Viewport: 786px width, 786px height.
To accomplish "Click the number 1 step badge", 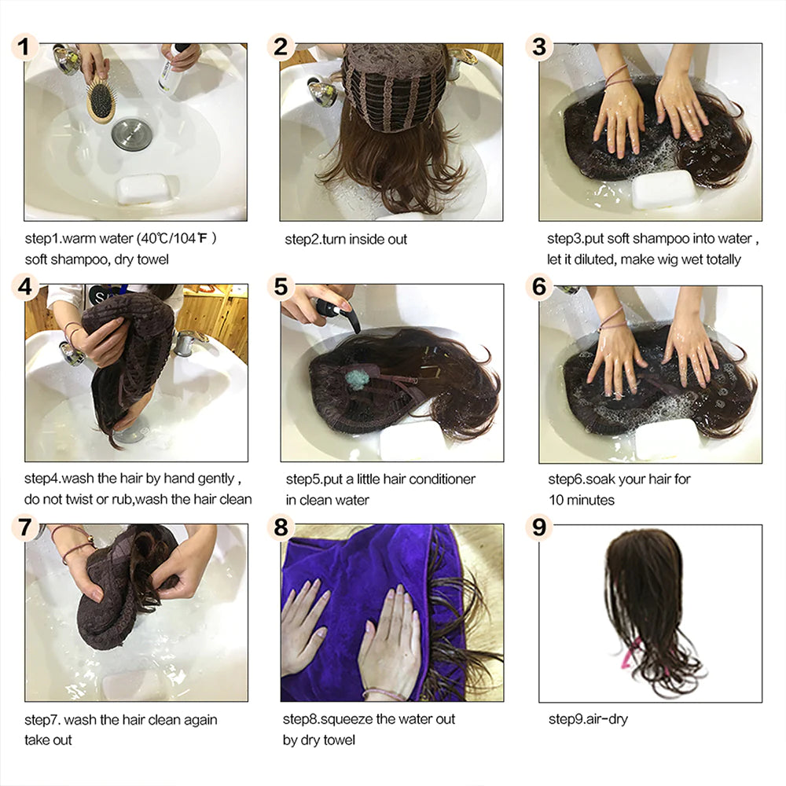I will [x=25, y=47].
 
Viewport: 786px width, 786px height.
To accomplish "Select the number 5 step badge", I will [x=281, y=287].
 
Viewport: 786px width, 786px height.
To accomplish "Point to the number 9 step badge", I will [x=538, y=527].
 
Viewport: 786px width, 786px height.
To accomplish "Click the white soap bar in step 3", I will [x=663, y=189].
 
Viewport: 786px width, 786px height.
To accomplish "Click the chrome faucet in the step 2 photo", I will [x=322, y=93].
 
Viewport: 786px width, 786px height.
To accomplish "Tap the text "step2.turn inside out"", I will [x=346, y=239].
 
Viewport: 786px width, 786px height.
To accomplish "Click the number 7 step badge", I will [x=25, y=527].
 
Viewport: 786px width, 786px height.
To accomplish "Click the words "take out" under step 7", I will [x=49, y=740].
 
